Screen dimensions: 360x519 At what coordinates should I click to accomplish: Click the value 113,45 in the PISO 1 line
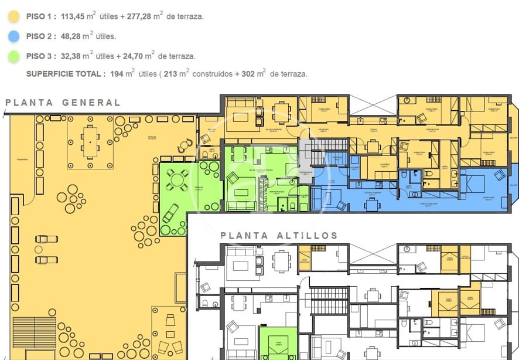76,17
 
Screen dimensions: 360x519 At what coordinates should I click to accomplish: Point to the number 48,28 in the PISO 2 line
71,36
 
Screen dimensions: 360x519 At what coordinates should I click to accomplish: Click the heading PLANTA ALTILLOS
279,236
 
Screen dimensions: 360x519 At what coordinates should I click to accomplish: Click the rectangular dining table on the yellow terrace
90,142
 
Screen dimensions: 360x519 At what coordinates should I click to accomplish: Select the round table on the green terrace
177,179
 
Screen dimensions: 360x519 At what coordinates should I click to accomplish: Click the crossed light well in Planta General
373,106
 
